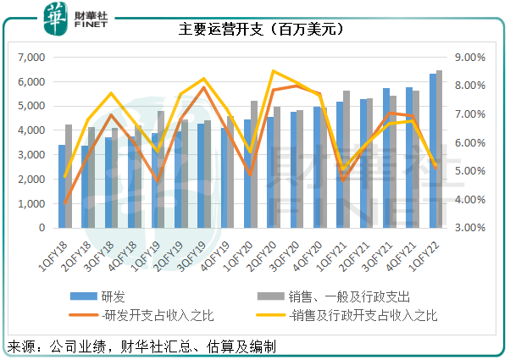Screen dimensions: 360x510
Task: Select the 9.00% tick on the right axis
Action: (470, 58)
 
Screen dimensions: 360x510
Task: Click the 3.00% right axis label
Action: (470, 228)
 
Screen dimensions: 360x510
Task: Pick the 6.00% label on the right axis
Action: (470, 143)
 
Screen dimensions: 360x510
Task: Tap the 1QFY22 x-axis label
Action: (424, 252)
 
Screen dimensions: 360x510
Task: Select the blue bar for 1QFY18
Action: (62, 186)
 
